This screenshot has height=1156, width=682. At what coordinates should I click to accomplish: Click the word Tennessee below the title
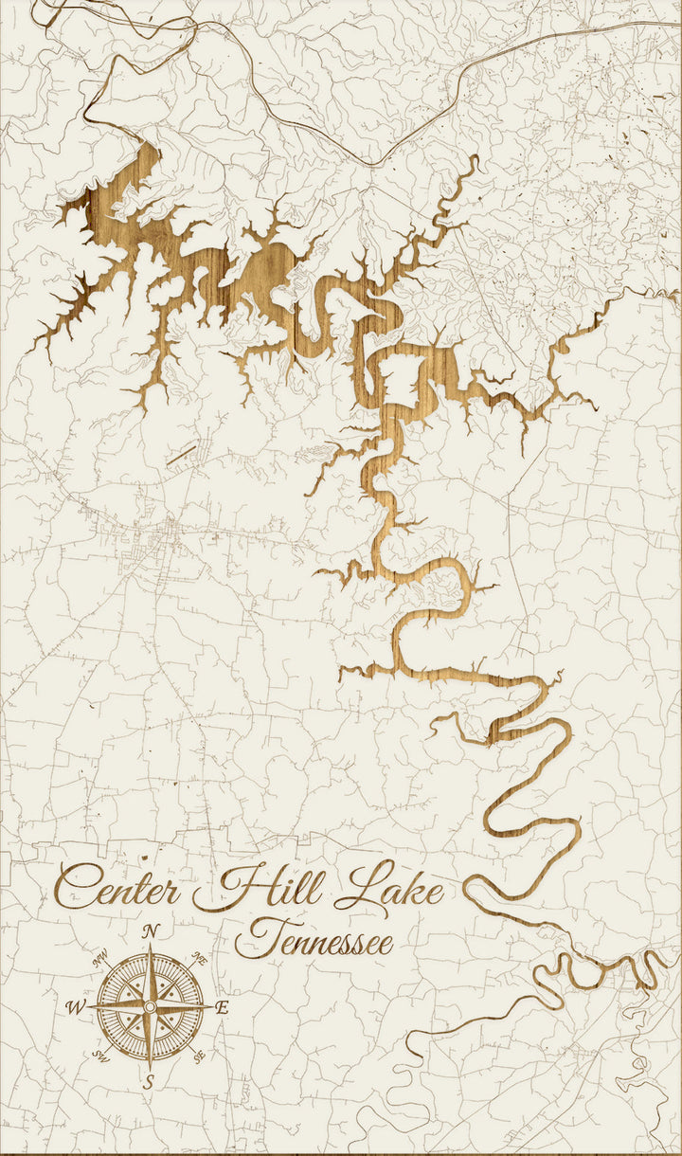314,941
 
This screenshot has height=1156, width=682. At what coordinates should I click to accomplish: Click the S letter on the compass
149,1079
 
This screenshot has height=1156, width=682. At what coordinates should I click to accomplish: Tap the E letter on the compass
223,1008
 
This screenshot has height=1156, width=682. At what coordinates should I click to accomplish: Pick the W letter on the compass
75,1007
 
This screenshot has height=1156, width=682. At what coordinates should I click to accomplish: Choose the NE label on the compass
199,959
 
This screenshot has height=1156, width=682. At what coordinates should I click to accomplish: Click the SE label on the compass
199,1053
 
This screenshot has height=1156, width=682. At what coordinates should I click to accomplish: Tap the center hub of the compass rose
150,1005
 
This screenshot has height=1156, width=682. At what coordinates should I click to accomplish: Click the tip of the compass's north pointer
150,944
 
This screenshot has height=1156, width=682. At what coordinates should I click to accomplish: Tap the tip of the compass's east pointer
213,1005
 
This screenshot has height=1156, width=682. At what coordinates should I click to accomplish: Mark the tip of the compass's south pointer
150,1069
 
